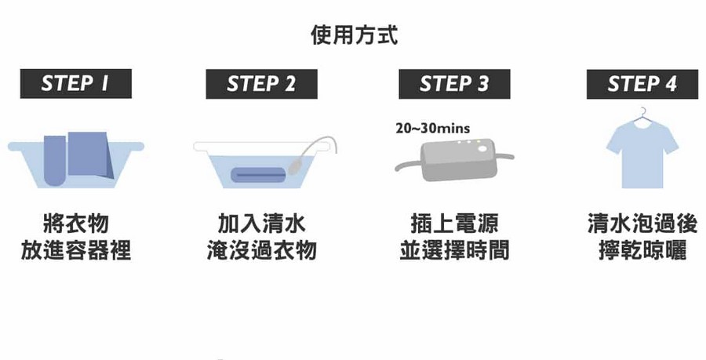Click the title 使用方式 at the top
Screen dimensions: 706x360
(x=355, y=35)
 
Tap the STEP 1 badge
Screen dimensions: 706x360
(x=75, y=84)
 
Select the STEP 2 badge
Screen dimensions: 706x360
(x=261, y=84)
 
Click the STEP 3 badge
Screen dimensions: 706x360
(x=454, y=84)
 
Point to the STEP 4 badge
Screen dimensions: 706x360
(x=642, y=84)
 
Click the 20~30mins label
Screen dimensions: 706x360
(x=433, y=129)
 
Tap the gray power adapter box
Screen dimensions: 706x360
(x=459, y=160)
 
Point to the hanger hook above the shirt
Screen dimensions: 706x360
(x=644, y=111)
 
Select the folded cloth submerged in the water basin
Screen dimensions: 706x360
(x=258, y=175)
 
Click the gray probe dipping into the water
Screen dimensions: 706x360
(x=294, y=166)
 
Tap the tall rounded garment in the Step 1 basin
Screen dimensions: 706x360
(x=55, y=161)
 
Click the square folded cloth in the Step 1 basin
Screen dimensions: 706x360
(x=90, y=155)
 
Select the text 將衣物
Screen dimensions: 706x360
(x=75, y=224)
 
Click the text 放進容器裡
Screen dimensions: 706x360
(x=75, y=250)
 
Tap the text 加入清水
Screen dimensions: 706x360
(x=261, y=224)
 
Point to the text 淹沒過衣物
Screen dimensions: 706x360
(x=261, y=250)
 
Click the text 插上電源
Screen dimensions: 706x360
(x=454, y=224)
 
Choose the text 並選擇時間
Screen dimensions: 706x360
(x=454, y=250)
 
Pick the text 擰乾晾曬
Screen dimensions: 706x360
(x=642, y=250)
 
